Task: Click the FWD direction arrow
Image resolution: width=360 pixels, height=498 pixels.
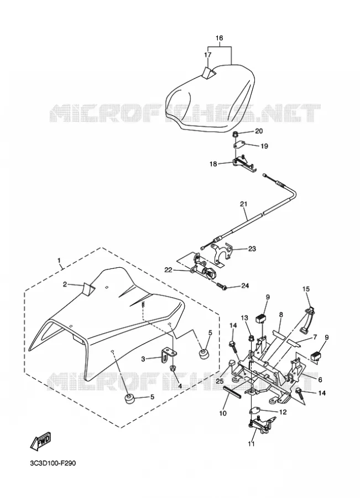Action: [40, 441]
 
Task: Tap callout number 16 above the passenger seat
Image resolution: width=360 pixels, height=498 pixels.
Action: [220, 38]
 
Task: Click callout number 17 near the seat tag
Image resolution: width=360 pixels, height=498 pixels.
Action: [207, 55]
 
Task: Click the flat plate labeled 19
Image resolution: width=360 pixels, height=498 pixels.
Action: [239, 145]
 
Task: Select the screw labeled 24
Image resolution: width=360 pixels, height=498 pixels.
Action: [222, 287]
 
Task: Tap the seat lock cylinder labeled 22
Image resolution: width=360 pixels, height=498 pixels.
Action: [203, 271]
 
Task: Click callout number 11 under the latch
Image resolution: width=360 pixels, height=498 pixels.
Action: [251, 444]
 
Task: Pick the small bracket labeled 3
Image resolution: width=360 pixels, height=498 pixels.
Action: [168, 355]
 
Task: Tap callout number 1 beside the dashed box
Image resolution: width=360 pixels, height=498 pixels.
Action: [59, 261]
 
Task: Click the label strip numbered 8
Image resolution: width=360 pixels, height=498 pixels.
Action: [280, 333]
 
